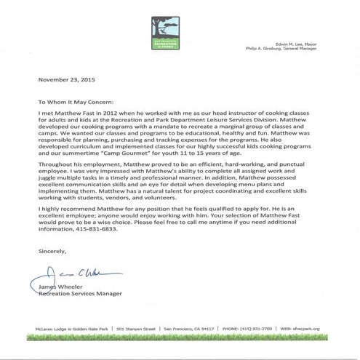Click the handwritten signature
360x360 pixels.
click(70, 275)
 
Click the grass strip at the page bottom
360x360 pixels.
click(180, 337)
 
